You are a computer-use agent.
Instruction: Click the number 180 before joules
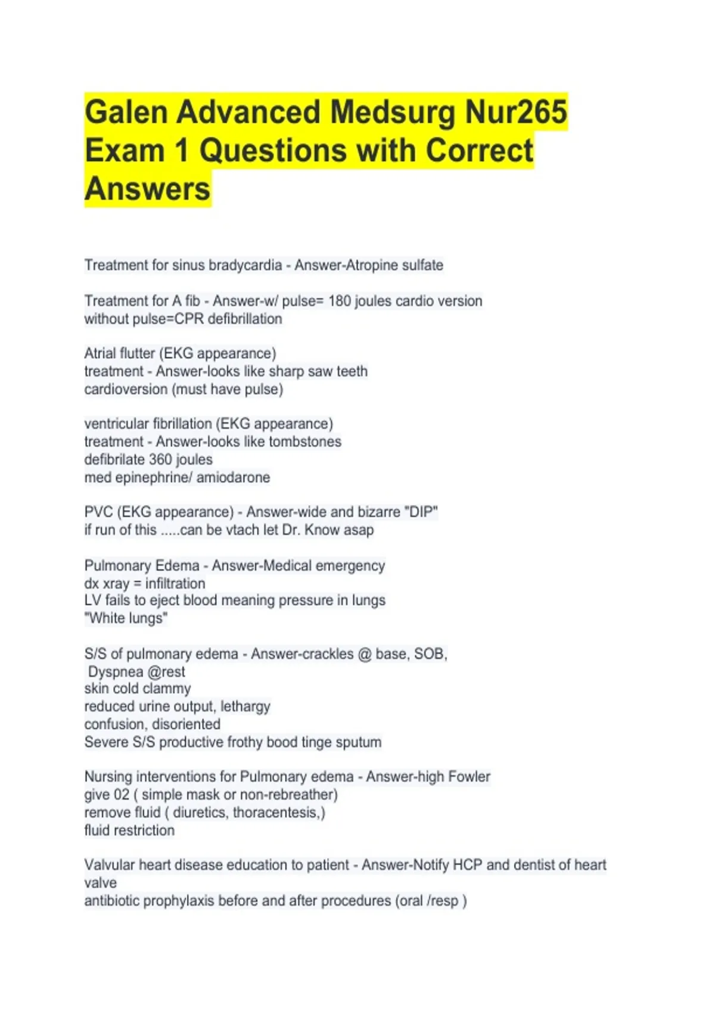coord(339,301)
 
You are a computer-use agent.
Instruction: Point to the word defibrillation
coord(245,319)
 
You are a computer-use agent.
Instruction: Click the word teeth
coord(352,371)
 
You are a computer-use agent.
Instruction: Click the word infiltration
coord(175,583)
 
